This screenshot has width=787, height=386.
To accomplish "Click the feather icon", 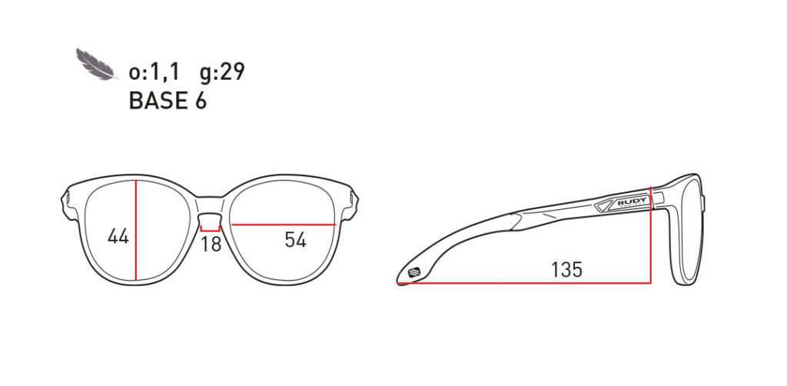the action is click(x=97, y=65).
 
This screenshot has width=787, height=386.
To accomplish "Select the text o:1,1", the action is click(x=154, y=72).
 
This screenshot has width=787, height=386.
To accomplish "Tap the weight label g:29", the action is click(x=222, y=73).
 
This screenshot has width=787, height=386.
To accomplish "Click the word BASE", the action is click(x=157, y=101).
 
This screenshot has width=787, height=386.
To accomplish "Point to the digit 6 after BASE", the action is click(x=201, y=101).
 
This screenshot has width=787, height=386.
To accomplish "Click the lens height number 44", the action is click(x=118, y=236).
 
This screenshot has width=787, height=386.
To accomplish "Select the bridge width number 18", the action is click(x=211, y=244).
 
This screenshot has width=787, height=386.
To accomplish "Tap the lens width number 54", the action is click(x=295, y=239).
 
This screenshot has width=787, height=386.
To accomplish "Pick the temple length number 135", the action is click(x=566, y=270).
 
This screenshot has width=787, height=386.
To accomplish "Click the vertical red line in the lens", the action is click(x=136, y=229).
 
